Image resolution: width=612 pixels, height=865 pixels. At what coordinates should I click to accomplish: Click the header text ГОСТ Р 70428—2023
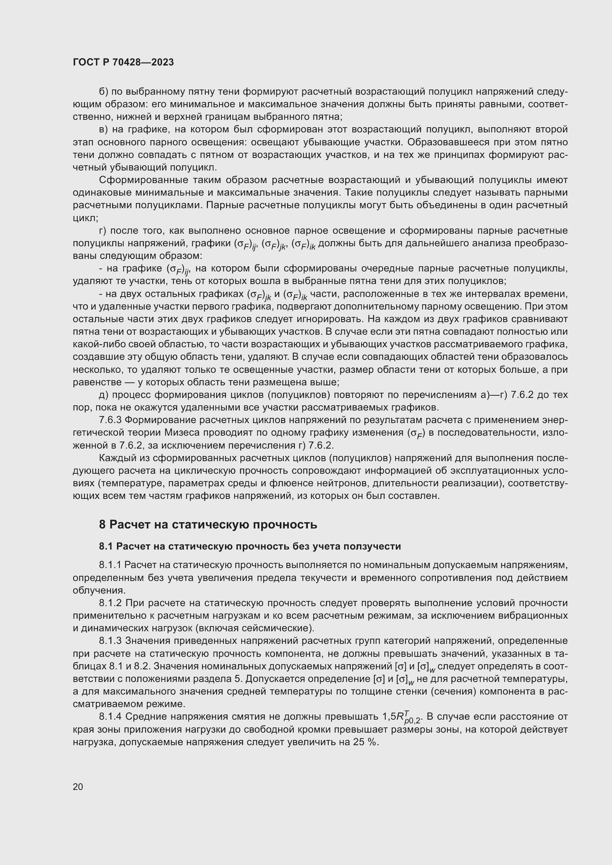tap(123, 62)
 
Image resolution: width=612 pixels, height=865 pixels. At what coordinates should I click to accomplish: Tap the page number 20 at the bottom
tap(78, 787)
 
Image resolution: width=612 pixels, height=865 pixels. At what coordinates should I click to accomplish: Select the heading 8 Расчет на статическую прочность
tap(208, 524)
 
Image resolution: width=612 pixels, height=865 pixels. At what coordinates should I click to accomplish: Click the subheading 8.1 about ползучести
tap(250, 546)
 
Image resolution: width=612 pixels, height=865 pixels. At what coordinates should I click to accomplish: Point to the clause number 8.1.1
tap(110, 565)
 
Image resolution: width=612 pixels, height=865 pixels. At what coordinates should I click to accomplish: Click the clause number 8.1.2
tap(110, 603)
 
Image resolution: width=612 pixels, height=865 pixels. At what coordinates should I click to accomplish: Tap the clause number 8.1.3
tap(110, 641)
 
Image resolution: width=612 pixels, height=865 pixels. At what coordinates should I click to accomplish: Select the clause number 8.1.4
tap(110, 717)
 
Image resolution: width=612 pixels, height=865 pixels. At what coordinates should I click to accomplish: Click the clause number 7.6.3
tap(110, 420)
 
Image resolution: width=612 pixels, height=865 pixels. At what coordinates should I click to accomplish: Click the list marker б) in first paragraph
tap(104, 92)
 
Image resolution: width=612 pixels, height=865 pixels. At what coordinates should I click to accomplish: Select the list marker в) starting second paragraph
tap(104, 129)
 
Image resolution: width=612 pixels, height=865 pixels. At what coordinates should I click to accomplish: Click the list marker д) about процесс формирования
tap(104, 395)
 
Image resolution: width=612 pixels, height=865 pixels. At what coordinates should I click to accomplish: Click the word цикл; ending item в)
tap(85, 218)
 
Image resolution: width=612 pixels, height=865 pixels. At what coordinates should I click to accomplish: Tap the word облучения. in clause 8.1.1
tap(99, 590)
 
